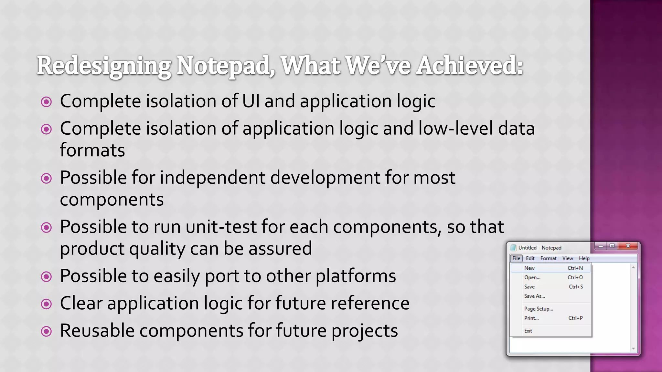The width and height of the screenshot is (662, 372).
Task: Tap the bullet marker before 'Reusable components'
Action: [x=47, y=331]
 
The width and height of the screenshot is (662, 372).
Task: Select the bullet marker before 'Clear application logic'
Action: [x=47, y=304]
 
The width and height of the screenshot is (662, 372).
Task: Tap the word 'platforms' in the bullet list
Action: [x=356, y=276]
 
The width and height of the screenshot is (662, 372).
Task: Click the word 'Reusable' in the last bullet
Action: [x=97, y=331]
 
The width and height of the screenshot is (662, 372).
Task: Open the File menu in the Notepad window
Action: [x=516, y=258]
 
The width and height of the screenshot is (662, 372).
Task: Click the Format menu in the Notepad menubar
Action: [x=548, y=258]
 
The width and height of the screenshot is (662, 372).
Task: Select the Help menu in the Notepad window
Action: [x=584, y=258]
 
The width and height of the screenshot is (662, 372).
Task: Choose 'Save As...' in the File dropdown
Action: [x=534, y=296]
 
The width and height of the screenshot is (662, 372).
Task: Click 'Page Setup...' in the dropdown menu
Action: [x=539, y=309]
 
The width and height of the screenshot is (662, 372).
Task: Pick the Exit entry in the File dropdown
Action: [x=528, y=331]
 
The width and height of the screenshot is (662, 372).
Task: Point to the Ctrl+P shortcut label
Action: [x=575, y=318]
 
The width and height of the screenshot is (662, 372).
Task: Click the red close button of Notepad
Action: [x=628, y=246]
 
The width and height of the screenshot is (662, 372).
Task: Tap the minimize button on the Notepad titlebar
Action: [x=601, y=246]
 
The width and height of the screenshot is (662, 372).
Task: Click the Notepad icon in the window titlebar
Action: [x=513, y=248]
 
